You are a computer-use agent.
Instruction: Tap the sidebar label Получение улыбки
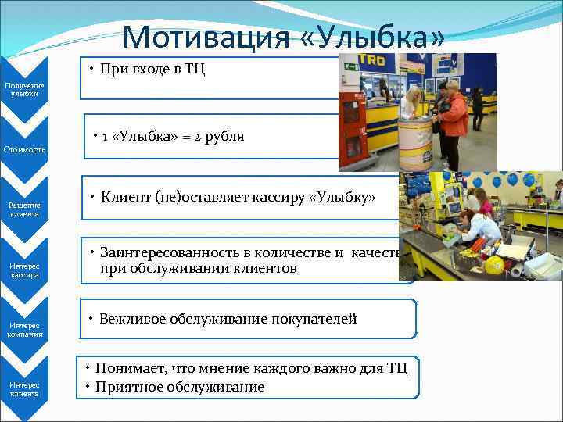click(x=24, y=89)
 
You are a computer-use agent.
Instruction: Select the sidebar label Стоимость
click(x=24, y=148)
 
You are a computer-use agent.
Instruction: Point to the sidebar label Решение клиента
click(x=24, y=209)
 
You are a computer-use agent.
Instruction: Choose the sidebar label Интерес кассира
click(x=24, y=270)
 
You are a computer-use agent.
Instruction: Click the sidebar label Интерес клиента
click(x=24, y=389)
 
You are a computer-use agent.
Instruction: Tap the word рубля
click(x=225, y=137)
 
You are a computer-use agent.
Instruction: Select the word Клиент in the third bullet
click(x=125, y=197)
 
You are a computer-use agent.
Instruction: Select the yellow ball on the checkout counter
click(x=493, y=265)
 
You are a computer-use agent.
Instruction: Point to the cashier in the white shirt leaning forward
click(x=479, y=227)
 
